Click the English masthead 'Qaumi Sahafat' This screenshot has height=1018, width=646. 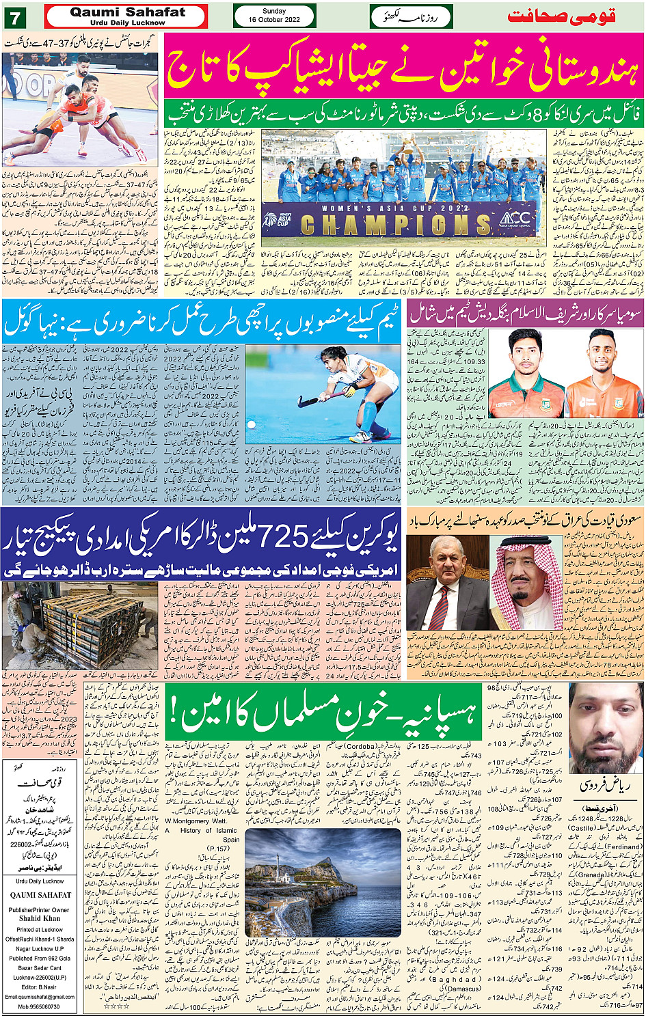127,12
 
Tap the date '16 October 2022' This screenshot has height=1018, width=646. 274,20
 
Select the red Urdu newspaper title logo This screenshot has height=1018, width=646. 561,16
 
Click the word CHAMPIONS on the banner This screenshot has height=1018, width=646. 396,224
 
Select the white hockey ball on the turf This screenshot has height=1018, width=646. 253,425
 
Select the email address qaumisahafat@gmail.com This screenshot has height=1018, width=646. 41,997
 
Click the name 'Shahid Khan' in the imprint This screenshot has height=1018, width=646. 40,919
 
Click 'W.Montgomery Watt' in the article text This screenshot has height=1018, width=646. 196,821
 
